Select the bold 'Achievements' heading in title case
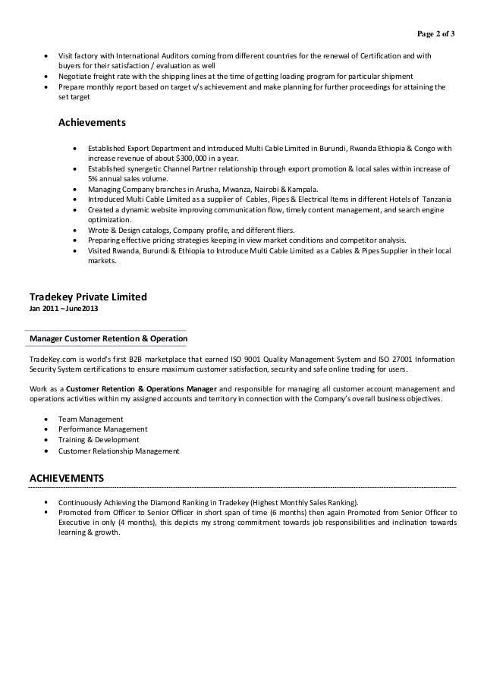[92, 122]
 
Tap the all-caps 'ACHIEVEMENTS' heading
[66, 478]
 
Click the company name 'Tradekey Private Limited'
[87, 297]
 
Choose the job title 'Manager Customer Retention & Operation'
[108, 338]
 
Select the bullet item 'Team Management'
[90, 419]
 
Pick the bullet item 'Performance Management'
[102, 429]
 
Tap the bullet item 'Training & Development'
[99, 440]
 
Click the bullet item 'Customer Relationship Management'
[118, 451]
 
